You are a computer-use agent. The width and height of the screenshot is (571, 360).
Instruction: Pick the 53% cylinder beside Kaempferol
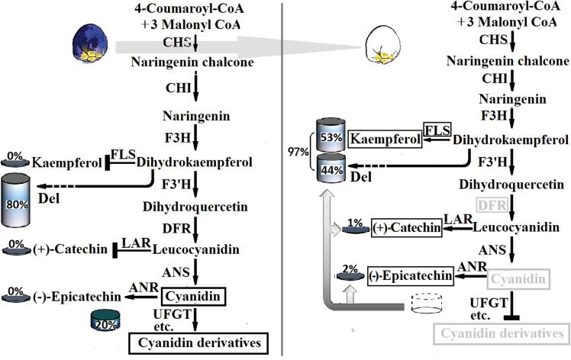[331, 137]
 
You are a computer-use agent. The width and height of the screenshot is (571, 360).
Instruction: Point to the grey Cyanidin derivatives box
[500, 333]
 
